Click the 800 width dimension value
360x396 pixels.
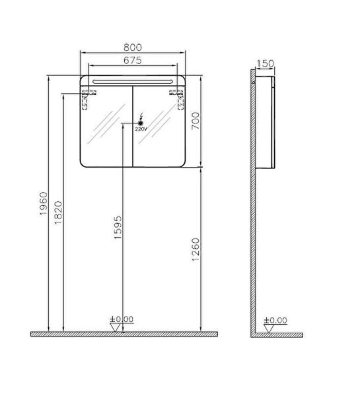coord(133,48)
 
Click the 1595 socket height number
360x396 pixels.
coord(118,226)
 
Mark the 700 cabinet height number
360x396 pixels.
coord(195,121)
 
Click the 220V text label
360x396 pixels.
coord(141,130)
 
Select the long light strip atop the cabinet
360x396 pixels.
coord(133,80)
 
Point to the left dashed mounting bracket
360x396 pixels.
coord(87,100)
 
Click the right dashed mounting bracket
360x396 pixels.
coord(178,100)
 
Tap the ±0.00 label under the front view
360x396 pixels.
coord(124,319)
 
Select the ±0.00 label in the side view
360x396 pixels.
coord(275,321)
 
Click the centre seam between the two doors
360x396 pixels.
coord(133,125)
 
